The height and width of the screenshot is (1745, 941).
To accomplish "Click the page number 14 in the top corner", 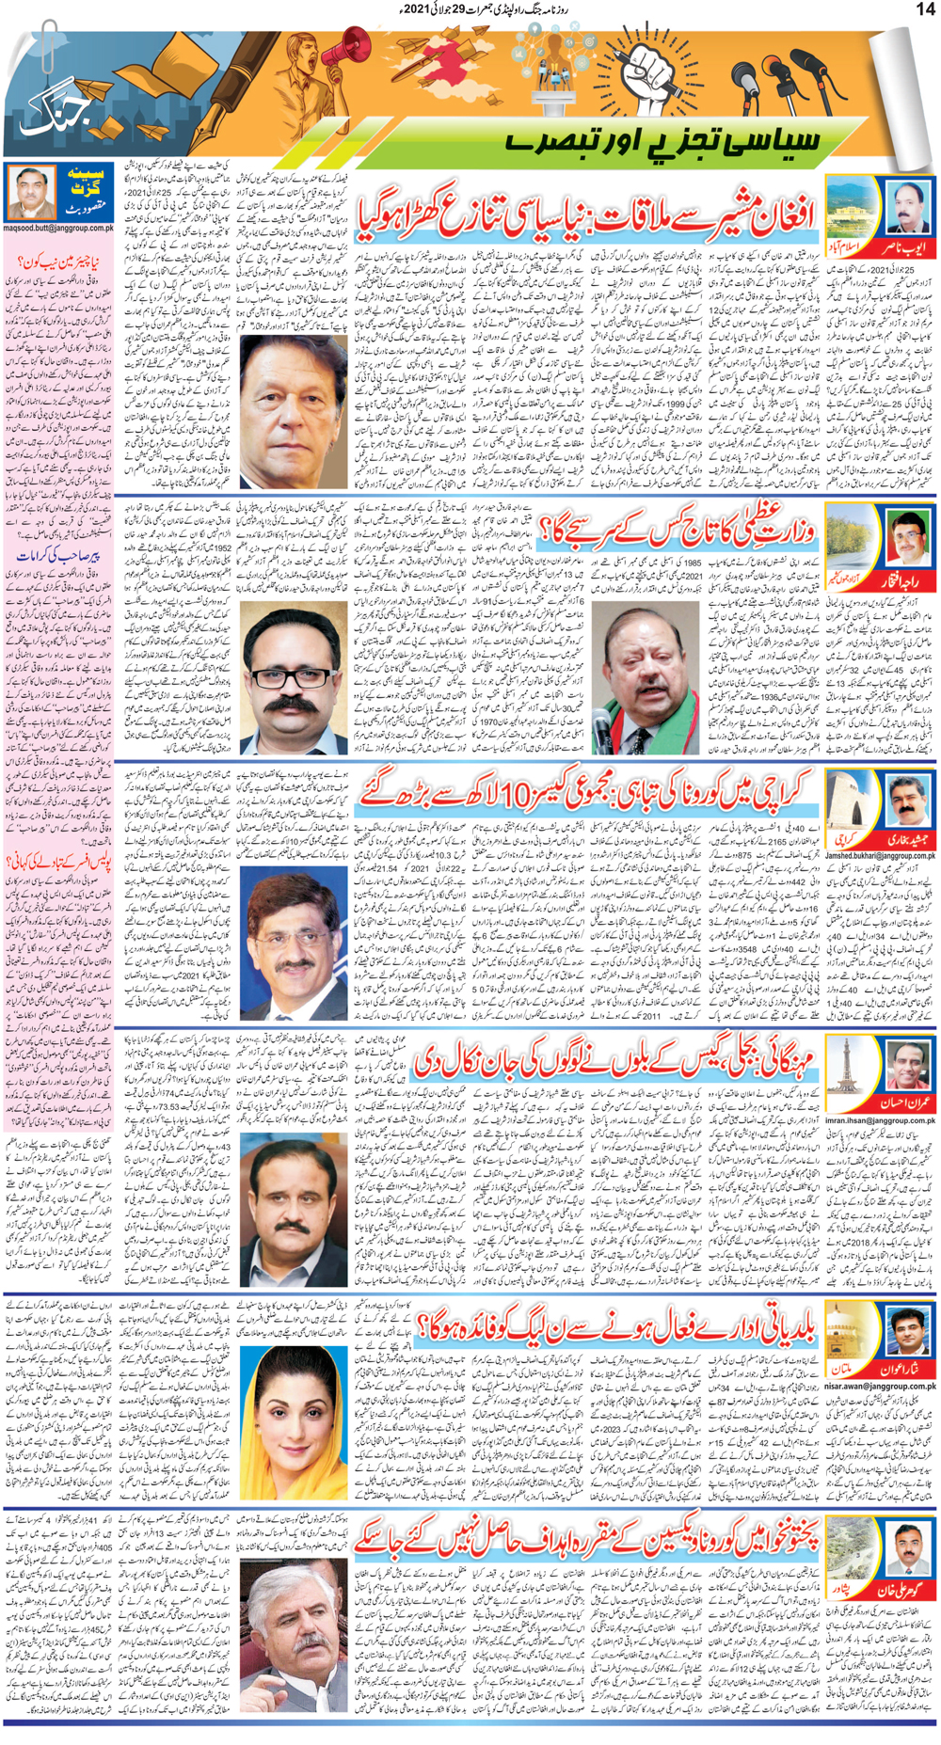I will coord(924,9).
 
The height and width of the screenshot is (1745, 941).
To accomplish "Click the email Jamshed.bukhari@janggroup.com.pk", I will coord(880,856).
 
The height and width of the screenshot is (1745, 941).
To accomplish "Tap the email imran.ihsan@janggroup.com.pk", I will coord(880,1120).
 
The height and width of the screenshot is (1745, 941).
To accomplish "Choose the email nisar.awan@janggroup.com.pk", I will coord(881,1386).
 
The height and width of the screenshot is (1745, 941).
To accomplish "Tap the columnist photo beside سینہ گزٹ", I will coord(31,194).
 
